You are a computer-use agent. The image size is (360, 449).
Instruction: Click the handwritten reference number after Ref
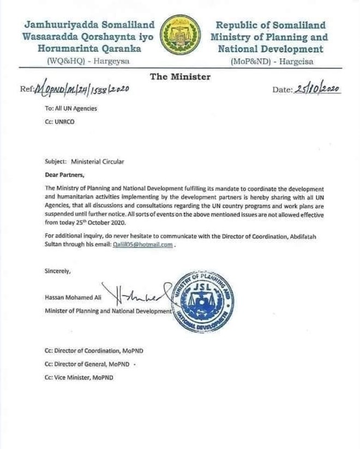pyautogui.click(x=82, y=89)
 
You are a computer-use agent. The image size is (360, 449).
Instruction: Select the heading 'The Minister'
pyautogui.click(x=180, y=77)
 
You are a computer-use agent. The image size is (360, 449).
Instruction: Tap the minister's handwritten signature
pyautogui.click(x=136, y=295)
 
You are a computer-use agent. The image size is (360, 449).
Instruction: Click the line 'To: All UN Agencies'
pyautogui.click(x=71, y=108)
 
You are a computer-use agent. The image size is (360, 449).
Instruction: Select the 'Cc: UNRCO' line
pyautogui.click(x=60, y=122)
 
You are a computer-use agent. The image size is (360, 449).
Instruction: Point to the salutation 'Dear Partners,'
pyautogui.click(x=65, y=175)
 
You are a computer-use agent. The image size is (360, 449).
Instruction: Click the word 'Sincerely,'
pyautogui.click(x=58, y=271)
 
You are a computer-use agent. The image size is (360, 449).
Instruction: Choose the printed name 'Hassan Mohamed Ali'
pyautogui.click(x=73, y=298)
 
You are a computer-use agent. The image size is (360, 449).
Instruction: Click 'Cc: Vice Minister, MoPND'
pyautogui.click(x=80, y=378)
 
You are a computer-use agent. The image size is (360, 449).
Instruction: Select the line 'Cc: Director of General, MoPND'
pyautogui.click(x=88, y=364)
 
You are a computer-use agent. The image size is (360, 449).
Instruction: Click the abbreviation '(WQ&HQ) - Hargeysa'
pyautogui.click(x=88, y=62)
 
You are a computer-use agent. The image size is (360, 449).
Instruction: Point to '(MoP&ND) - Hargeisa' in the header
pyautogui.click(x=269, y=62)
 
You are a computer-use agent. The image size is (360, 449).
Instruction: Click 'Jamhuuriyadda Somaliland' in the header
pyautogui.click(x=89, y=25)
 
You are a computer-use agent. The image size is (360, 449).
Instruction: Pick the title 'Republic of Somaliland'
pyautogui.click(x=271, y=25)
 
